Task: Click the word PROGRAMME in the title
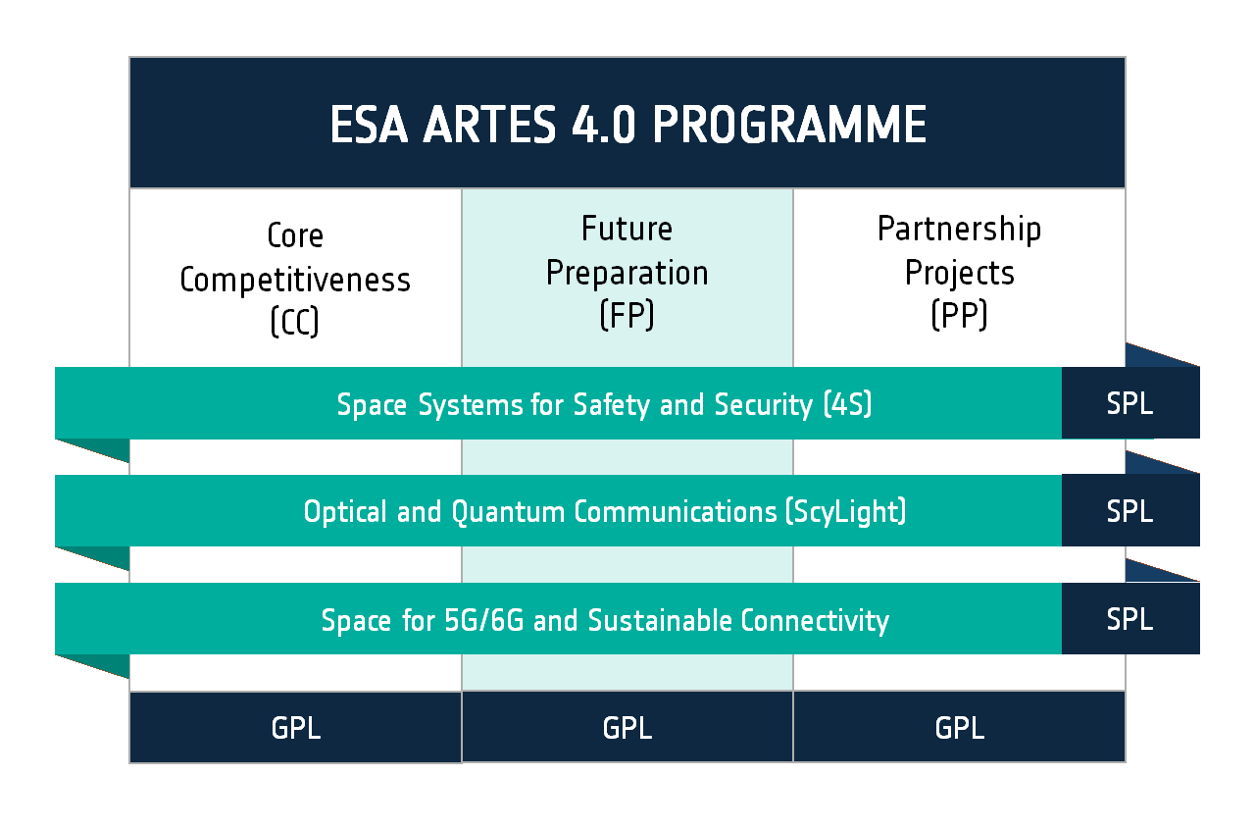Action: pos(789,125)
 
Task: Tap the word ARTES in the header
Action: pos(489,125)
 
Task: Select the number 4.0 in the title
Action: pos(603,125)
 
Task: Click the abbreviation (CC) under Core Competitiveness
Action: pos(295,322)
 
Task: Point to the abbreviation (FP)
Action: pos(627,315)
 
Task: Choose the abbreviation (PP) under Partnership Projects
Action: pos(959,315)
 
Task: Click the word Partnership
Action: pos(959,230)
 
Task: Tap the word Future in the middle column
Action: pos(627,229)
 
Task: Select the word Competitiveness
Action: pos(295,281)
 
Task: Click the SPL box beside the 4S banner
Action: pos(1130,403)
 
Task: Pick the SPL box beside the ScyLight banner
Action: pos(1130,510)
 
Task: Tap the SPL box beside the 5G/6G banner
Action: pos(1130,619)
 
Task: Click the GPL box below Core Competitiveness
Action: pos(295,728)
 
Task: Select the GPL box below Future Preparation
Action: pos(627,727)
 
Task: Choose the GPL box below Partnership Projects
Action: pos(959,727)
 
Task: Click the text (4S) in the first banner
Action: pos(848,405)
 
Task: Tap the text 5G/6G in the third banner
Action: pos(484,620)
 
